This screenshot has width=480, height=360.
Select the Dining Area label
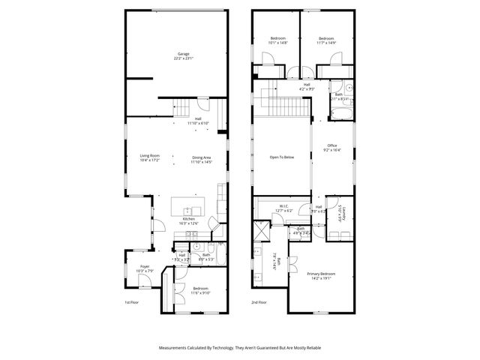coord(202,157)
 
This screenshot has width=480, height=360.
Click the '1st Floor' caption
coord(132,302)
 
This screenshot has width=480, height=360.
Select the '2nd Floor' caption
coord(259,302)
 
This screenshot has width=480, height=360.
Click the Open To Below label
coord(282,157)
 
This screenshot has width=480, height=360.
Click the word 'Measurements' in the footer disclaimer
coord(174,347)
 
